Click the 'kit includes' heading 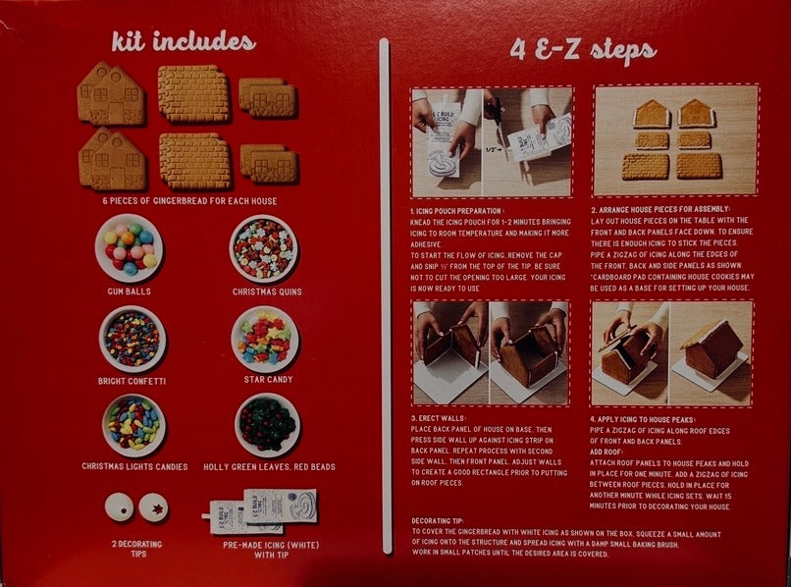click(x=183, y=42)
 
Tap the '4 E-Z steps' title click(x=583, y=49)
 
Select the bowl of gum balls click(x=130, y=247)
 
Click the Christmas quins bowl click(x=263, y=248)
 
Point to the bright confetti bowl click(x=132, y=338)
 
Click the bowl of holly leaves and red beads click(x=267, y=424)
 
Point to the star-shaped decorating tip click(x=153, y=507)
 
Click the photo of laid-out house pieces click(x=676, y=139)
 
